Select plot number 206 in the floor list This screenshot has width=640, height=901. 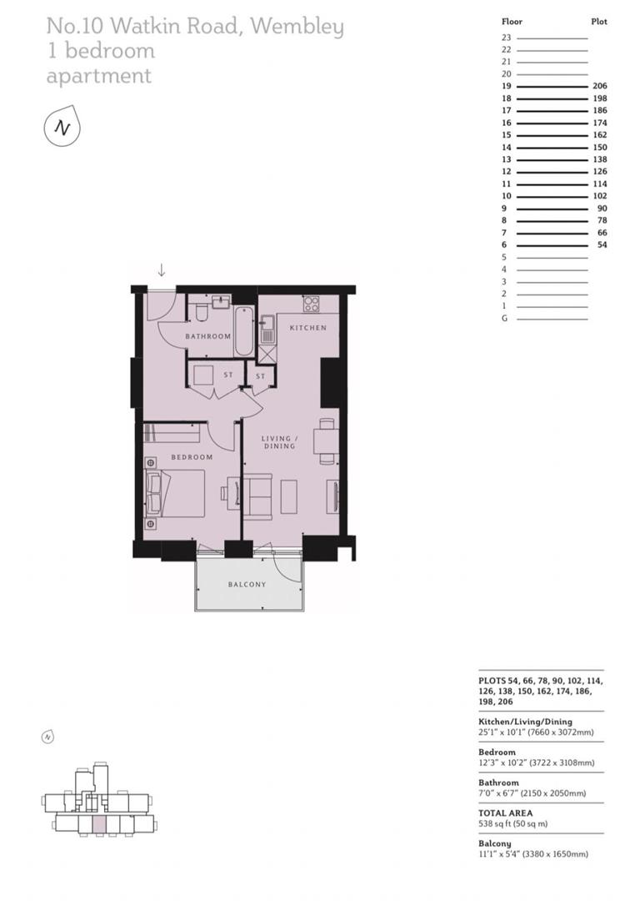click(x=599, y=86)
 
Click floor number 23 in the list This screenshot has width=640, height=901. click(x=506, y=38)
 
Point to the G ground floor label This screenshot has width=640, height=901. click(x=505, y=319)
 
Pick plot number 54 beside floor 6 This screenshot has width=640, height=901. click(x=602, y=245)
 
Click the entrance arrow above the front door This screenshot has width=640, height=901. click(x=162, y=270)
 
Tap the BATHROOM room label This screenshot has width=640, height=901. click(x=207, y=336)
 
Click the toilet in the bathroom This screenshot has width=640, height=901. click(x=200, y=313)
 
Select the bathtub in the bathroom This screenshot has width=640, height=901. click(x=242, y=331)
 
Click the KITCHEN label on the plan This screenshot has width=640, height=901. click(x=307, y=328)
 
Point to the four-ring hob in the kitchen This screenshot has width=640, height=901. click(x=310, y=303)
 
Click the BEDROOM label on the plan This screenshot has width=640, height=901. click(x=192, y=457)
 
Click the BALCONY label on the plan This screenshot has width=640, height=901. click(x=247, y=585)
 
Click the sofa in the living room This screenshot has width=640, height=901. click(x=257, y=496)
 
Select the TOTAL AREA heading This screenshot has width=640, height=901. click(x=505, y=813)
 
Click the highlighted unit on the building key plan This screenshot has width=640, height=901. click(x=99, y=825)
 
